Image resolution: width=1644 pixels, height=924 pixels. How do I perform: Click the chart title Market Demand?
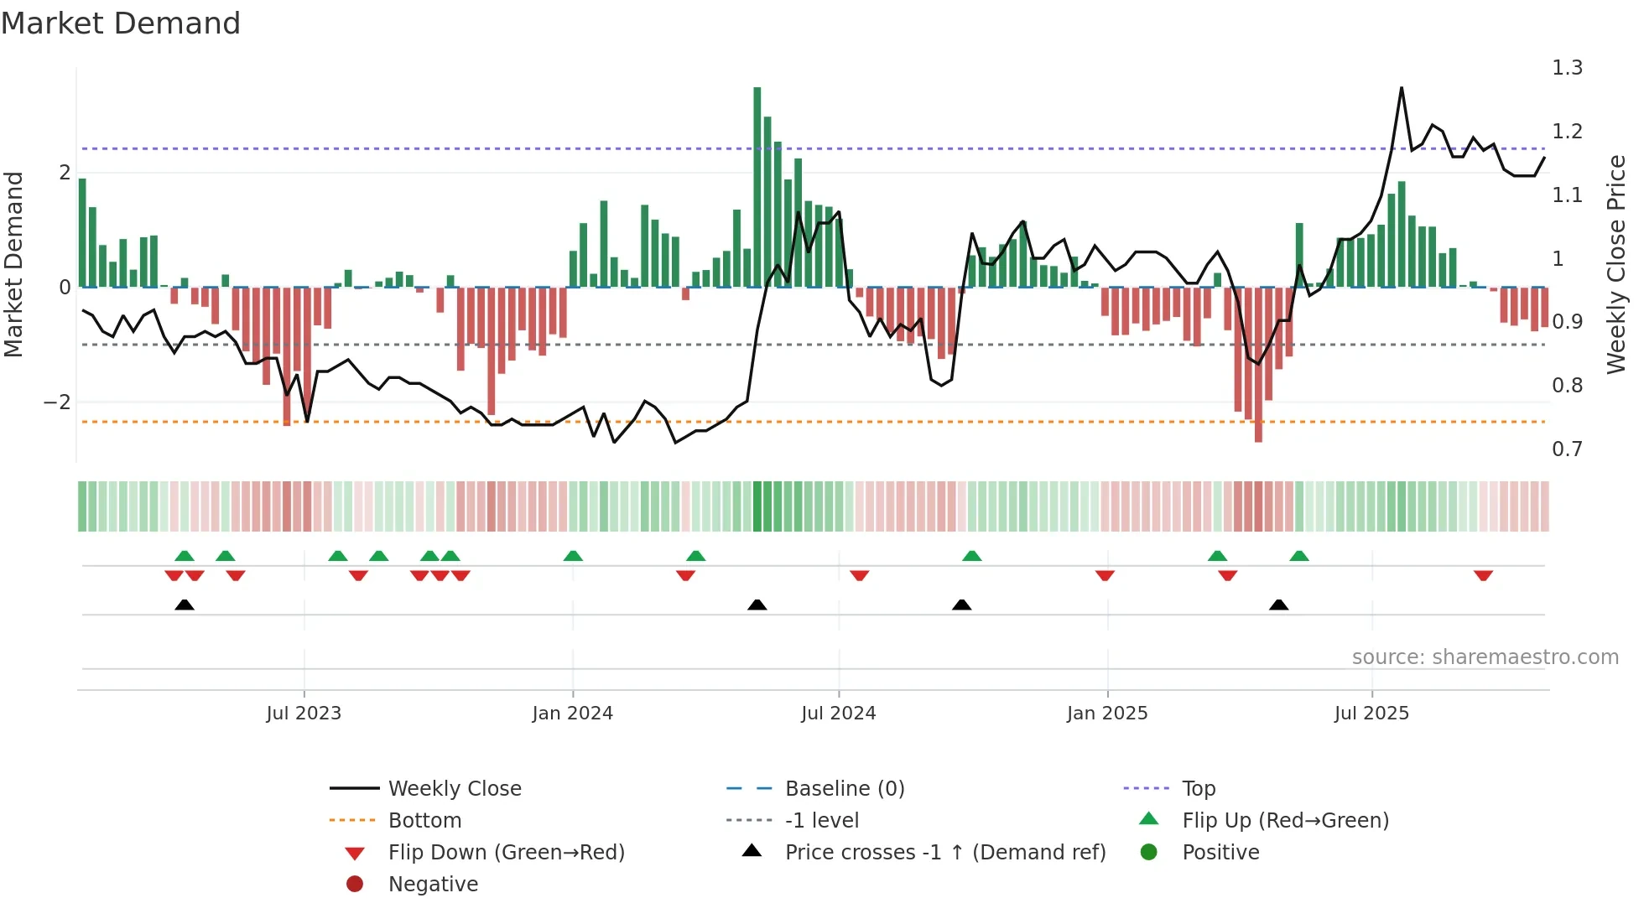coord(121,23)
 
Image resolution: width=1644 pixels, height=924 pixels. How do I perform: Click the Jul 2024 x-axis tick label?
coord(838,714)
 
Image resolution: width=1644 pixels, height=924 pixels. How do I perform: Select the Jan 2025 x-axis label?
coord(1106,714)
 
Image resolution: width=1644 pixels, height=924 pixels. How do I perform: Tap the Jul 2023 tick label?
coord(304,714)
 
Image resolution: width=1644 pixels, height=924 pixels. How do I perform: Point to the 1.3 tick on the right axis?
coord(1566,68)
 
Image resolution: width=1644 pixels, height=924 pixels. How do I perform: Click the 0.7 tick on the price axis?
coord(1566,449)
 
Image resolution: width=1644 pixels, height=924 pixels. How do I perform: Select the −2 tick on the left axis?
coord(57,402)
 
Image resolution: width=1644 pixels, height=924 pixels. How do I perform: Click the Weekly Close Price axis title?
coord(1616,264)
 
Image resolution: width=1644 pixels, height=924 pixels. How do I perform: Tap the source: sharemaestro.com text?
coord(1485,657)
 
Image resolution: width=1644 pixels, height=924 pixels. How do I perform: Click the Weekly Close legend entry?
coord(454,789)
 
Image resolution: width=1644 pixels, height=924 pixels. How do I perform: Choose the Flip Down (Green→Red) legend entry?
coord(506,853)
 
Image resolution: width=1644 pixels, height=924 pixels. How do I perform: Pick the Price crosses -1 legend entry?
coord(944,853)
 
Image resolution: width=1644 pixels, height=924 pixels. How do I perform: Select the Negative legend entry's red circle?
coord(355,885)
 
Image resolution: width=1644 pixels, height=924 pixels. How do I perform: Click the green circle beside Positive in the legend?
coord(1149,853)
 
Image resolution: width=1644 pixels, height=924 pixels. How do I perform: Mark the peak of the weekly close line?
coord(1402,88)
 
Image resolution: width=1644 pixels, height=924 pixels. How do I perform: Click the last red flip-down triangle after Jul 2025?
coord(1483,575)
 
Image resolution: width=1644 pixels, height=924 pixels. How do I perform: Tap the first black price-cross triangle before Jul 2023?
coord(185,605)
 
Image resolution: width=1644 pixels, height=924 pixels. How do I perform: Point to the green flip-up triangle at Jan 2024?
coord(573,556)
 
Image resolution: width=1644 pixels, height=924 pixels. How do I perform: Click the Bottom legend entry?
coord(424,821)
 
